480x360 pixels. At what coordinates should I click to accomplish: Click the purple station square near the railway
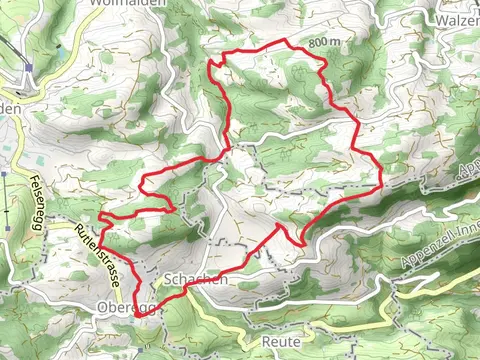[31, 69]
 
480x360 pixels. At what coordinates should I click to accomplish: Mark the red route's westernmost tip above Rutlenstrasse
[100, 214]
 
